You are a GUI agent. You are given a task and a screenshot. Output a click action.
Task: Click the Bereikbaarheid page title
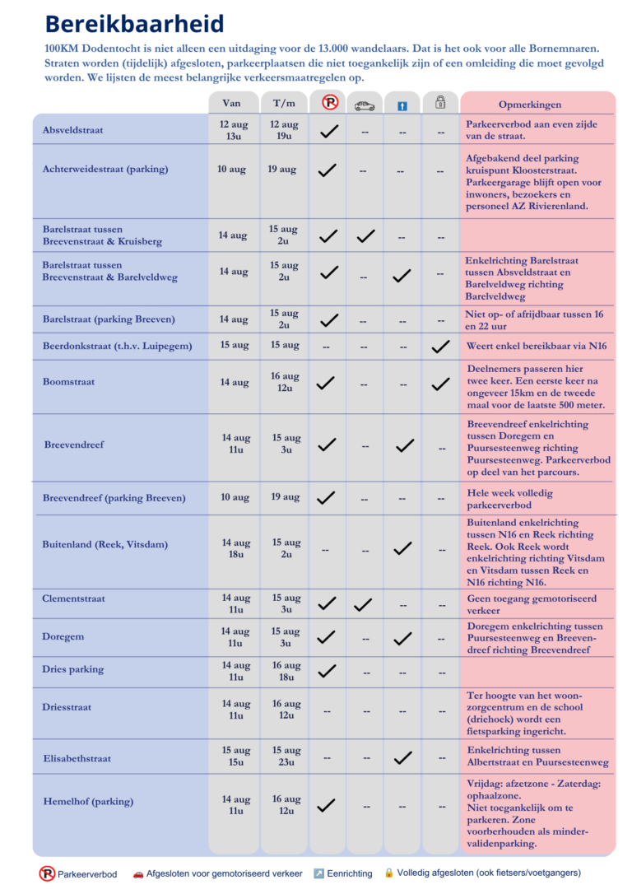click(134, 24)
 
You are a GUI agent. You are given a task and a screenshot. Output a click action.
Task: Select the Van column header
click(231, 103)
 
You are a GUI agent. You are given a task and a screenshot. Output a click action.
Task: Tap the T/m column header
click(284, 103)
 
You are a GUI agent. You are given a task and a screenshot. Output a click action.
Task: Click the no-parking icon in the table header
click(330, 102)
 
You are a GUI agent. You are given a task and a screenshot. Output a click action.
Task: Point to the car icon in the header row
click(365, 106)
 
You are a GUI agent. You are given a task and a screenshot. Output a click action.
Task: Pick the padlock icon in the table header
click(440, 102)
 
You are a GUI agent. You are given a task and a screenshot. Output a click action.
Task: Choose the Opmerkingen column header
click(530, 105)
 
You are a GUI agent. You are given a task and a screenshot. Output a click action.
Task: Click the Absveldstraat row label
click(73, 130)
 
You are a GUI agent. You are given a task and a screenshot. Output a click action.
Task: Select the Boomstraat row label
click(68, 381)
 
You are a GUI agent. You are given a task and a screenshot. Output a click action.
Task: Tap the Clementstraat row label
click(73, 598)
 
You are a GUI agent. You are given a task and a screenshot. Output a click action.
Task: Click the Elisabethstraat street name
click(77, 758)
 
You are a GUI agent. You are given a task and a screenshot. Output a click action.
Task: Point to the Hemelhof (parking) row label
click(88, 802)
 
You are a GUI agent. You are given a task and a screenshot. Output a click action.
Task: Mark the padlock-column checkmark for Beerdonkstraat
click(440, 346)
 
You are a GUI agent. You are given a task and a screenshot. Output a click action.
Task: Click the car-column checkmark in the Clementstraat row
click(363, 604)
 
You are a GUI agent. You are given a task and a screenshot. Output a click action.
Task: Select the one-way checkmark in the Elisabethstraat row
click(403, 757)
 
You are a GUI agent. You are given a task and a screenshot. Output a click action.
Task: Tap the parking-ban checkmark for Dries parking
click(327, 671)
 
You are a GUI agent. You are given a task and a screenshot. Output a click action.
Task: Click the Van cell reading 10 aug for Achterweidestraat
click(231, 170)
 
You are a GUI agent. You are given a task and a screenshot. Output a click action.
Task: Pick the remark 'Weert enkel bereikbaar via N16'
click(537, 346)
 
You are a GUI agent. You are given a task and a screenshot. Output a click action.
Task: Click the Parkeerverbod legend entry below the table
click(78, 874)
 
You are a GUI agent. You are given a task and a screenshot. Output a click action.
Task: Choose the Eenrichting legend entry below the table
click(343, 873)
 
